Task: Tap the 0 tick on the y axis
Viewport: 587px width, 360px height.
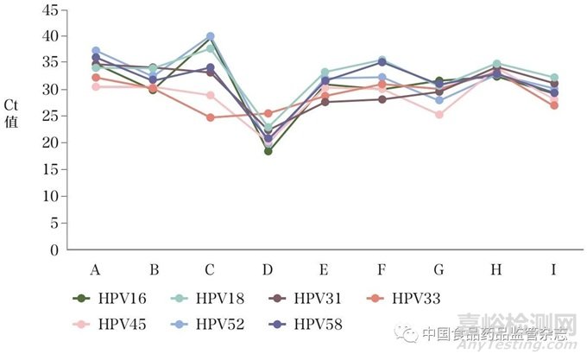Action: [54, 249]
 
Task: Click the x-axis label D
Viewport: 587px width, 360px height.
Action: [268, 269]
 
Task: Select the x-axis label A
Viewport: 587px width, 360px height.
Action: [96, 269]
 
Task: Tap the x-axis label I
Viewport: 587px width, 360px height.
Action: [553, 269]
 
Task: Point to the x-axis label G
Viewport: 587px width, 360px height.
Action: [439, 269]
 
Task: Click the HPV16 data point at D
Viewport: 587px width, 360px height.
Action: [268, 151]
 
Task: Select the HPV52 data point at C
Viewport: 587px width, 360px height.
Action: [211, 37]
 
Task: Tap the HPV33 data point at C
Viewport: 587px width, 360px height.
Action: [211, 117]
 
